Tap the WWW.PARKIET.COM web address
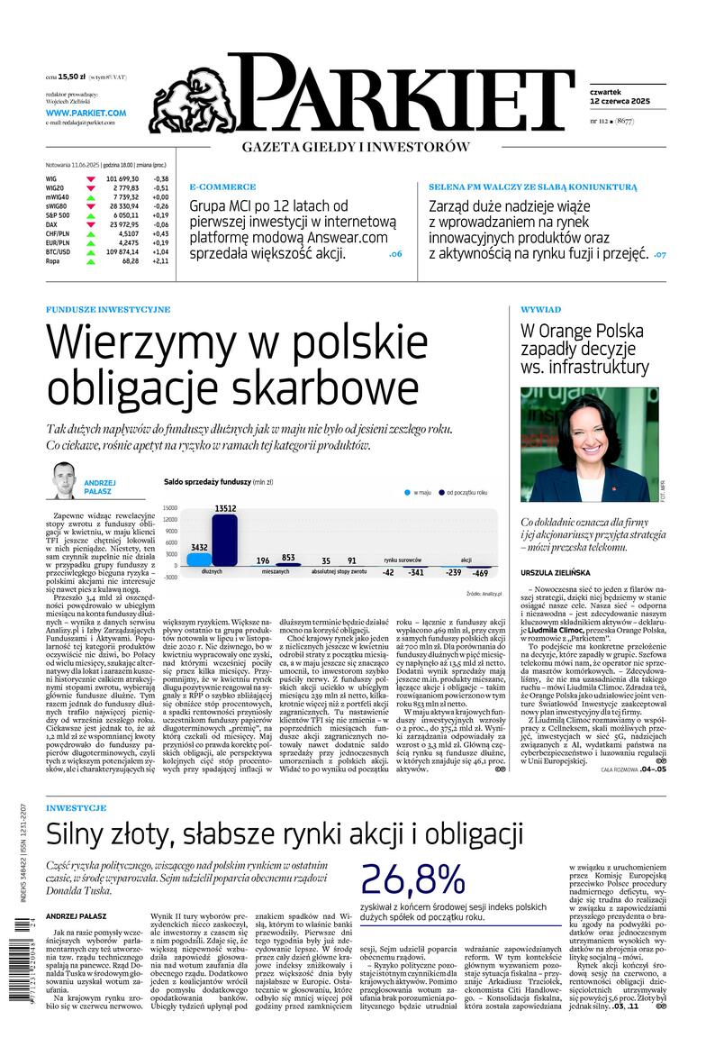point(86,113)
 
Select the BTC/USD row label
point(59,251)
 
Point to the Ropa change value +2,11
point(159,260)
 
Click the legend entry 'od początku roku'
point(467,493)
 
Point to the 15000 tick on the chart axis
point(169,507)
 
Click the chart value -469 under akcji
point(480,573)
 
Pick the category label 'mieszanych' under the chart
point(276,572)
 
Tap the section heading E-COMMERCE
point(222,187)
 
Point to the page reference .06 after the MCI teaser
point(395,254)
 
